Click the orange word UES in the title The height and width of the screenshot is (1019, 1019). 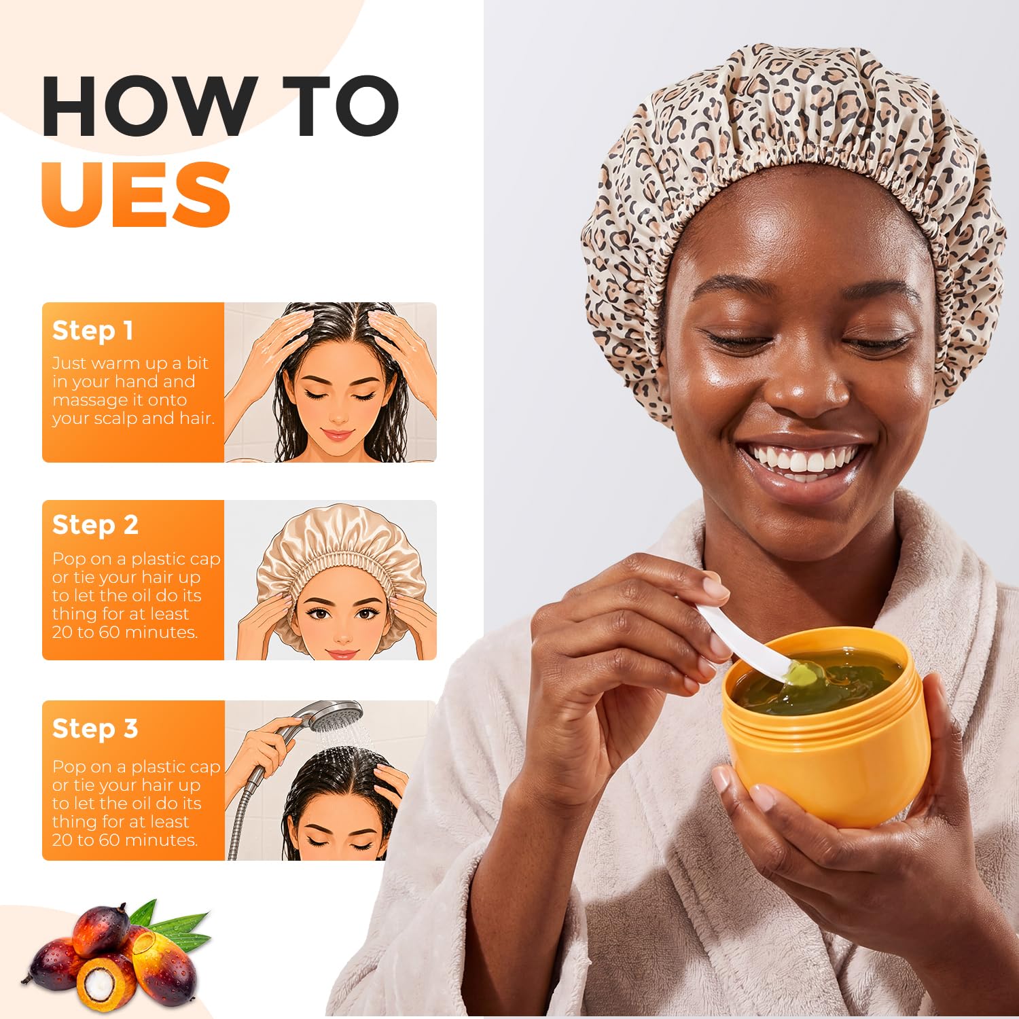137,194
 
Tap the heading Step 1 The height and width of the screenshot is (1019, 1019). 92,331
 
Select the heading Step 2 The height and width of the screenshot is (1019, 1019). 95,525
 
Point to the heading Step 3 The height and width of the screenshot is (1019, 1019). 95,728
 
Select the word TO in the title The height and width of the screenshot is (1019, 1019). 340,106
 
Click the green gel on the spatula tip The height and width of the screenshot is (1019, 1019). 802,674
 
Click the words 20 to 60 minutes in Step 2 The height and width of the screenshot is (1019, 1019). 125,632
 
